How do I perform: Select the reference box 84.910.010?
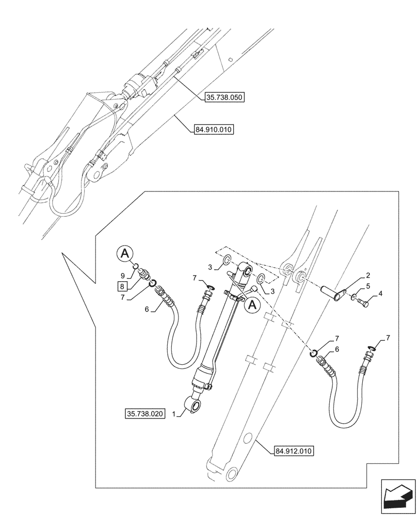pyautogui.click(x=214, y=130)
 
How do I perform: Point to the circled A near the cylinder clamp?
pyautogui.click(x=252, y=305)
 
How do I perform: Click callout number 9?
pyautogui.click(x=122, y=275)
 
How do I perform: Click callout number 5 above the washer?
pyautogui.click(x=367, y=285)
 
